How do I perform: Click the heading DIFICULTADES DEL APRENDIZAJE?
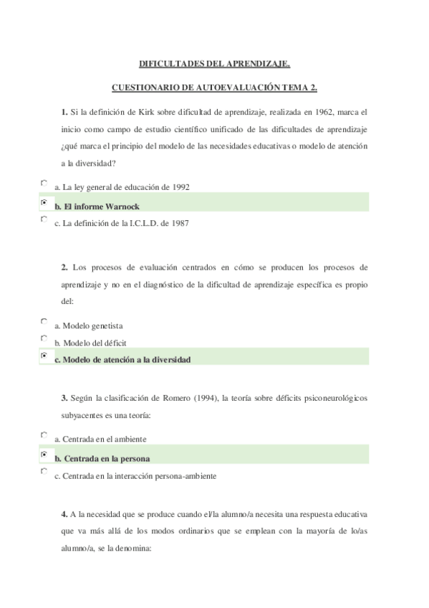tap(214, 64)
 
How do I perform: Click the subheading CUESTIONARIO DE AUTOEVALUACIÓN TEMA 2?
tap(214, 87)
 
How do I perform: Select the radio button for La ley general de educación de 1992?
tap(44, 184)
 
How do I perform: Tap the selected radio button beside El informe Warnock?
tap(44, 203)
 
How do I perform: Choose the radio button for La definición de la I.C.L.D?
tap(44, 219)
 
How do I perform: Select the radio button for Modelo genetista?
tap(44, 322)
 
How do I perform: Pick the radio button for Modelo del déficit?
tap(44, 338)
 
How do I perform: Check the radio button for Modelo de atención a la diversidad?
tap(44, 356)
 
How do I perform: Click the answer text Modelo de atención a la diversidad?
tap(122, 360)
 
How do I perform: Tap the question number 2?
tap(64, 267)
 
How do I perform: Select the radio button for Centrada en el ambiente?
tap(44, 435)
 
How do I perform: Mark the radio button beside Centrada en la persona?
tap(44, 455)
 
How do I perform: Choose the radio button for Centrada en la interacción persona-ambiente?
tap(44, 472)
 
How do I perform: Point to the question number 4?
tap(64, 514)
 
